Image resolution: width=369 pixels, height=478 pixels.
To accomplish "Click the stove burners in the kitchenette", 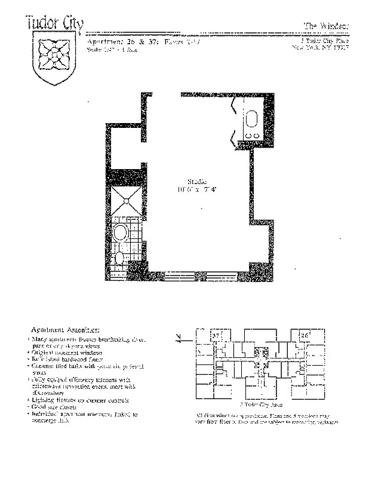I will click(x=251, y=136).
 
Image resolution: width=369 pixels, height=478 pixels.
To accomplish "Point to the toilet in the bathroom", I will click(x=119, y=258).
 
